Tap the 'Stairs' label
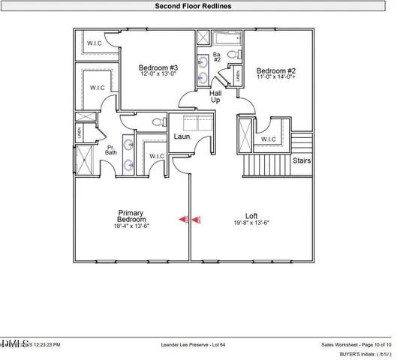tap(301, 160)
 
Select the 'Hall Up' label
tap(216, 95)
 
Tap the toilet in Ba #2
tap(232, 55)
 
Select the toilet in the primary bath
tap(156, 121)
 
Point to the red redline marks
tap(191, 220)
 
